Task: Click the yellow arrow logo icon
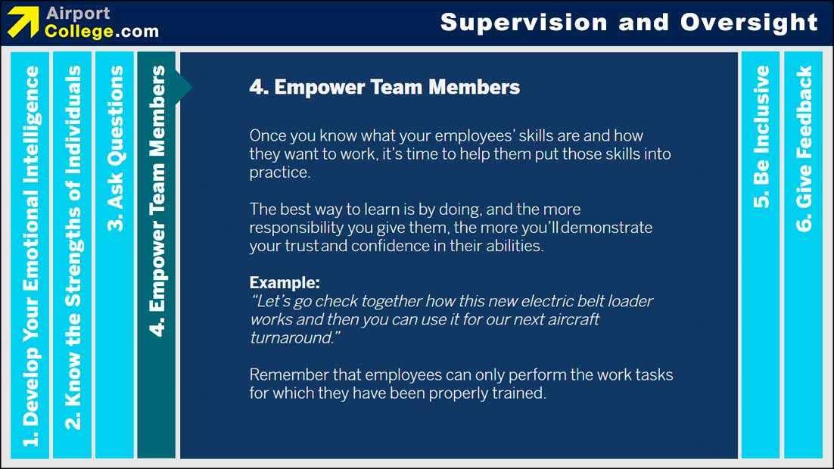tap(23, 22)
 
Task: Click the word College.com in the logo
tap(101, 32)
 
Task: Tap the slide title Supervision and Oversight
tap(629, 22)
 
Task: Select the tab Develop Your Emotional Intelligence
tap(31, 255)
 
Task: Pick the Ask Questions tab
tap(115, 148)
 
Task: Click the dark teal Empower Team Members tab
tap(157, 200)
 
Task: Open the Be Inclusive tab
tap(761, 136)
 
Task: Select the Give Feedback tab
tap(803, 148)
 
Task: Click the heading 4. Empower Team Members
tap(384, 87)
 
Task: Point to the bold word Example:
tap(285, 283)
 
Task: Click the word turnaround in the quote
tap(291, 337)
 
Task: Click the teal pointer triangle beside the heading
tap(185, 87)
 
